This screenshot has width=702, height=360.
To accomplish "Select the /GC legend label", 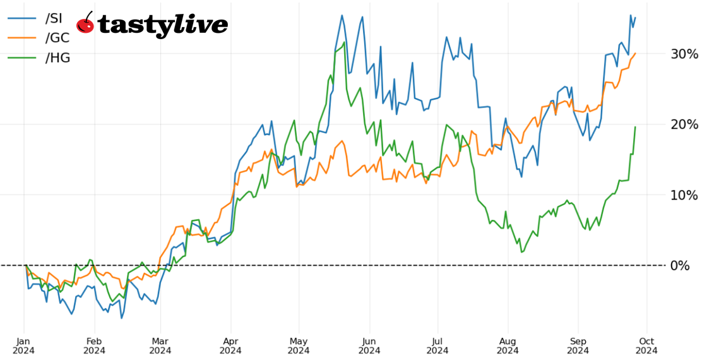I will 57,38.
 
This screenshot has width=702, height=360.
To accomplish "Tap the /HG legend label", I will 57,58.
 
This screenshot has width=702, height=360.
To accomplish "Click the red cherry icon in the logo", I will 85,24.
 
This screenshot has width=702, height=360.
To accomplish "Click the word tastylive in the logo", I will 163,25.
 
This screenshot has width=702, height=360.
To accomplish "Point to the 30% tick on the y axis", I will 684,54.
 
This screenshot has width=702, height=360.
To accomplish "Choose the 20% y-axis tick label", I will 684,124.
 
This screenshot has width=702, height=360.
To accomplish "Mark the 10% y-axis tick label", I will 684,195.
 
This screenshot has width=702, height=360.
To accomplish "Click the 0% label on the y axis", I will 680,265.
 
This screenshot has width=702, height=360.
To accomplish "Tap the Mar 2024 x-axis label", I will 162,345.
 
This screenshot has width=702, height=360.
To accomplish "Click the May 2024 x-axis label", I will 299,345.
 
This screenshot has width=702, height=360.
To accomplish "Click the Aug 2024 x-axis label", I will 506,345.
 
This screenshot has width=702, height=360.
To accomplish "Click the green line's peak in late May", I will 344,43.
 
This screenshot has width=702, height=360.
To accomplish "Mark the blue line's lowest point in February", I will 121,318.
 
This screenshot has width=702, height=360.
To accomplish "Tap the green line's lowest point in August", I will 521,252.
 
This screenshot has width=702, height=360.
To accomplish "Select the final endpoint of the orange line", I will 635,53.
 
